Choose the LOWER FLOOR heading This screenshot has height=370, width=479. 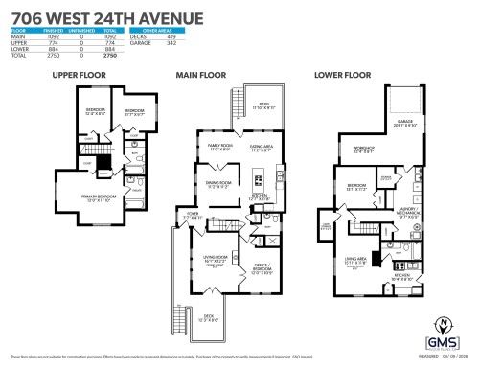coord(343,74)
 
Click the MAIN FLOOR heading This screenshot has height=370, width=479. coord(200,74)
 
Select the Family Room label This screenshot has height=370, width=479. coord(221,146)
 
